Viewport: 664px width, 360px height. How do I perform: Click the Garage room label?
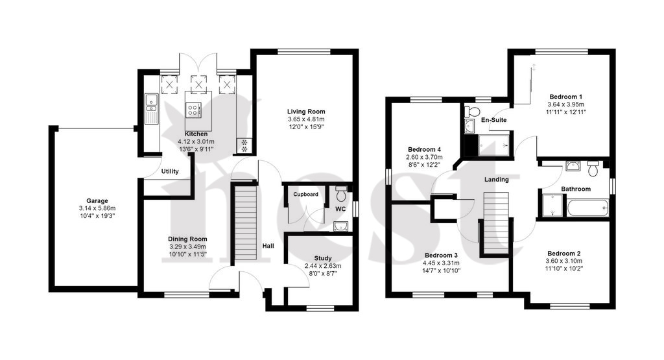click(x=97, y=200)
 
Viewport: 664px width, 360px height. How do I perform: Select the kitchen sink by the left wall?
click(x=151, y=109)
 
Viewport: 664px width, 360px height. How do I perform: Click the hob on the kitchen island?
click(x=193, y=110)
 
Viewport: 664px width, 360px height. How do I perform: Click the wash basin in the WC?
click(x=340, y=226)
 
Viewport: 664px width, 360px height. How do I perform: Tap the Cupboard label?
click(x=306, y=195)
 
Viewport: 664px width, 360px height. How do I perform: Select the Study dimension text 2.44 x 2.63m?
click(x=323, y=266)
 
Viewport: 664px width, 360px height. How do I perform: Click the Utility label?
click(x=170, y=171)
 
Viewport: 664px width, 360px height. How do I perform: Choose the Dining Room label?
click(x=187, y=239)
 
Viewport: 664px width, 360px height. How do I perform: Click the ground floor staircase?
click(x=246, y=224)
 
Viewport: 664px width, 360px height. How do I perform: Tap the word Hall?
click(x=268, y=246)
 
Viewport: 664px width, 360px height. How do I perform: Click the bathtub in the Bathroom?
click(x=587, y=208)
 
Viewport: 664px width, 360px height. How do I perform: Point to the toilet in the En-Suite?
click(x=472, y=112)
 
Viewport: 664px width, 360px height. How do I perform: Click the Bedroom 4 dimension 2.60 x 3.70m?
click(x=424, y=157)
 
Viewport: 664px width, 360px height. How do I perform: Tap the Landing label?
click(x=496, y=180)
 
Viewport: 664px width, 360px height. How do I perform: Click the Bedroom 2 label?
click(x=563, y=253)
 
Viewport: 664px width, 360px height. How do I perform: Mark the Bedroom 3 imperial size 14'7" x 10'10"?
click(x=441, y=270)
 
